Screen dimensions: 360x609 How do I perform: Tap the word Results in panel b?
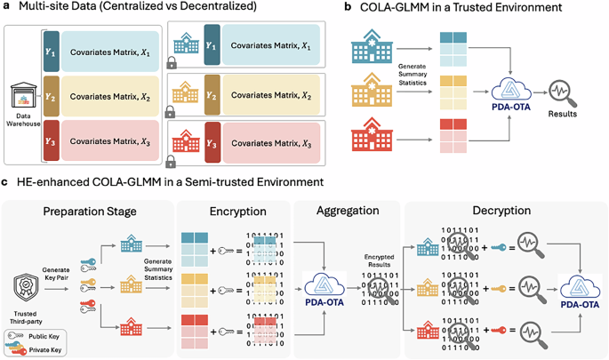[562, 114]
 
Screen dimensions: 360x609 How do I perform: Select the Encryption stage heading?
[232, 213]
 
